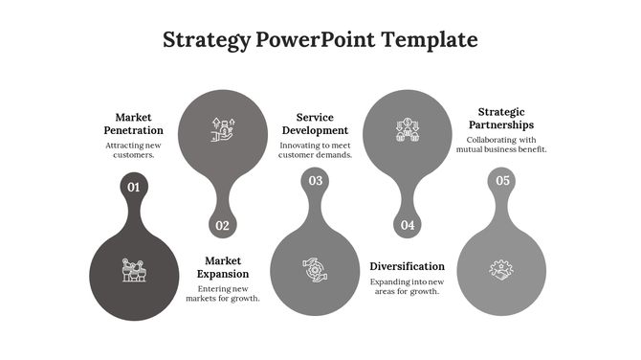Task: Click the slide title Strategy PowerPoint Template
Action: [320, 39]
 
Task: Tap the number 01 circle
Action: [134, 187]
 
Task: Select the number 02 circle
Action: [223, 226]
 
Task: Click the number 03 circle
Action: [315, 181]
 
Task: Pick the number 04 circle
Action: [408, 226]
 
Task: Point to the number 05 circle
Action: [502, 181]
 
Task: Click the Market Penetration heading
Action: [134, 124]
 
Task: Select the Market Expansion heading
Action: [223, 267]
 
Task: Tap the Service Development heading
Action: [315, 124]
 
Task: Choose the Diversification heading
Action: [408, 266]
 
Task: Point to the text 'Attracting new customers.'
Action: [134, 149]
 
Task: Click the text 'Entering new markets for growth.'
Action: [223, 293]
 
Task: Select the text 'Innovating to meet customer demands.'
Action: [315, 149]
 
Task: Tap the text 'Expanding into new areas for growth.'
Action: [408, 286]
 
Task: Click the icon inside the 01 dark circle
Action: [134, 270]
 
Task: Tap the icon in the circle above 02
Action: [223, 129]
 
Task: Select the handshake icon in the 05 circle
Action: [501, 270]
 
